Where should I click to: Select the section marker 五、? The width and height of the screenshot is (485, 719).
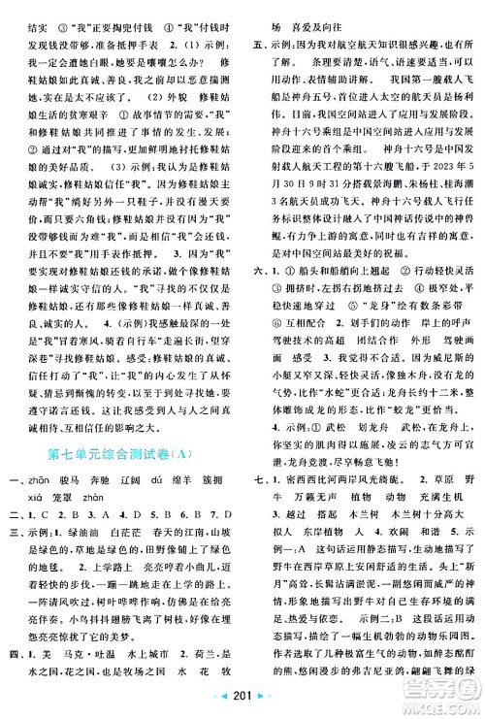point(258,45)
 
